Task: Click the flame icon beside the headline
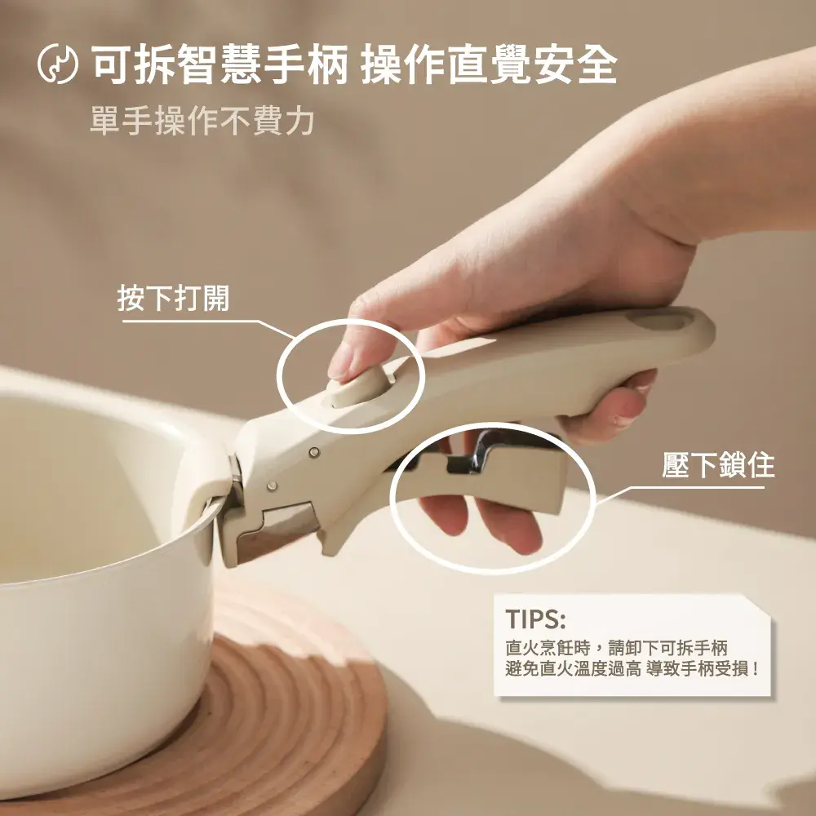[x=58, y=64]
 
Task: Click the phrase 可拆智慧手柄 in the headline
[x=220, y=64]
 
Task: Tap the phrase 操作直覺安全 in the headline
[x=489, y=64]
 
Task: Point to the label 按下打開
[x=173, y=298]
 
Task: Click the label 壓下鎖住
[x=718, y=465]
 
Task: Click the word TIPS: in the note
[x=535, y=619]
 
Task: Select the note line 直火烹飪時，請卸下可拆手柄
[x=616, y=649]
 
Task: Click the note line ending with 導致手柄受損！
[x=633, y=669]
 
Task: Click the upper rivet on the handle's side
[x=314, y=452]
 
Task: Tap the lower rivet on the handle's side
[x=271, y=486]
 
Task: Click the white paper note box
[x=632, y=645]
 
